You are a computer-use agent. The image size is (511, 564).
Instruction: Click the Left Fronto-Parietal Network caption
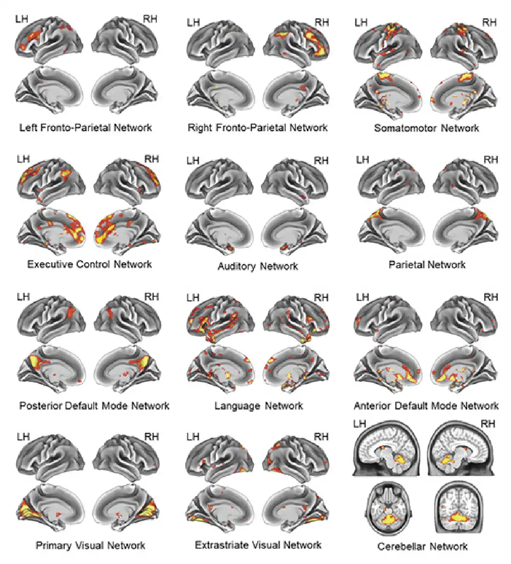[x=86, y=128]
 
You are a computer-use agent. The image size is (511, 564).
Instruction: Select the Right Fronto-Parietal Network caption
[x=258, y=128]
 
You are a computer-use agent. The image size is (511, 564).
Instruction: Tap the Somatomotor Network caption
[x=426, y=128]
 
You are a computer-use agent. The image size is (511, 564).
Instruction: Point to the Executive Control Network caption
[x=89, y=264]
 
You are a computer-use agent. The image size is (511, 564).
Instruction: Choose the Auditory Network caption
[x=258, y=266]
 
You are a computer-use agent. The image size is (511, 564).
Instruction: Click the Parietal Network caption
[x=427, y=265]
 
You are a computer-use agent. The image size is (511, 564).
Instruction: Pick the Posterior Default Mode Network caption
[x=94, y=406]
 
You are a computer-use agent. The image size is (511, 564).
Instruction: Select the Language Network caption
[x=258, y=406]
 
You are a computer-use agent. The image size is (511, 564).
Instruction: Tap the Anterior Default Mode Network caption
[x=426, y=406]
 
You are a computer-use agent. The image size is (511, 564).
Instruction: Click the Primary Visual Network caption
[x=90, y=546]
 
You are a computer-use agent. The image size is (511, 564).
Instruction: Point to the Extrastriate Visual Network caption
[x=258, y=545]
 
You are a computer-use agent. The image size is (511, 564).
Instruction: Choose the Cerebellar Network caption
[x=422, y=547]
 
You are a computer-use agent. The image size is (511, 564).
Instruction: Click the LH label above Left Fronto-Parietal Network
[x=22, y=19]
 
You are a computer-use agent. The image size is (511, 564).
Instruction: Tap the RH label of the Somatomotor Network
[x=489, y=23]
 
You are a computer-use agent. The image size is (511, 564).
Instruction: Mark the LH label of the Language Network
[x=193, y=298]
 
